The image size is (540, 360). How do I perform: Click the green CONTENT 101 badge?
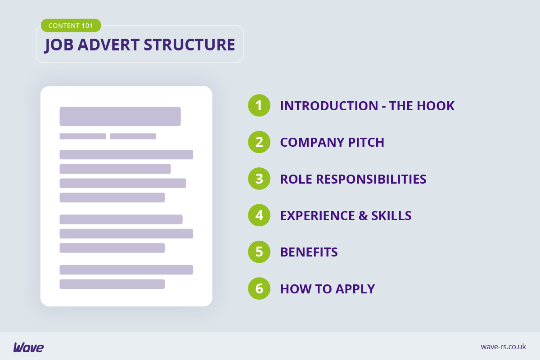coord(71,26)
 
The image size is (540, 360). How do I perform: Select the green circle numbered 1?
coord(259,106)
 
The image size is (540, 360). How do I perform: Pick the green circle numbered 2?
coord(259,142)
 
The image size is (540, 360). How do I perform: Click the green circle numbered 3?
coord(259,179)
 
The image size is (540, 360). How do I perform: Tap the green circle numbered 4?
coord(259,215)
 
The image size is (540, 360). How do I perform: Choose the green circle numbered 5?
coord(259,252)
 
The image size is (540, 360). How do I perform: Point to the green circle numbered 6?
coord(259,288)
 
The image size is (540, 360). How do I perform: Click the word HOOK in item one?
coord(436,106)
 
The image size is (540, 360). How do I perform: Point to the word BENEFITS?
coord(309,252)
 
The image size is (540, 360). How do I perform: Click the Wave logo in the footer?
coord(28,347)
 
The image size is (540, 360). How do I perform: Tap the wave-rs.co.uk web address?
coord(503,346)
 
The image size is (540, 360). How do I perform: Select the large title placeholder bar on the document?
coord(120,117)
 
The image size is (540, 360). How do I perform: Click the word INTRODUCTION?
coord(329,106)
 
